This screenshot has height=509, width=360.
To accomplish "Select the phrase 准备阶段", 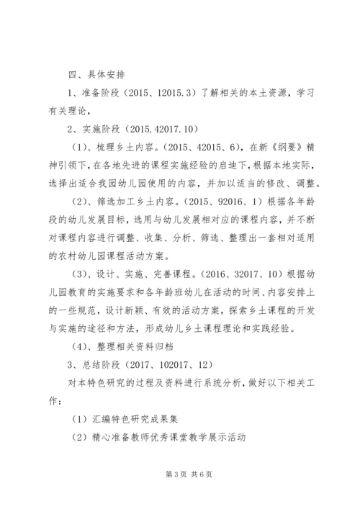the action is pos(95,93).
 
